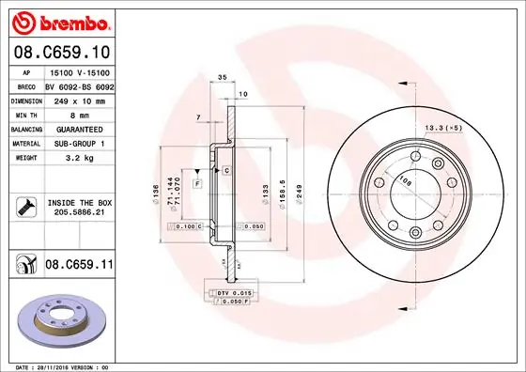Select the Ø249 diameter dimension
pyautogui.click(x=299, y=194)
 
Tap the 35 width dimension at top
pyautogui.click(x=223, y=79)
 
